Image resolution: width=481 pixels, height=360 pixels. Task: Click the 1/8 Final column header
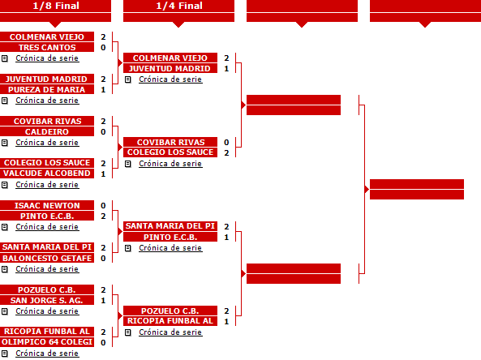[55, 6]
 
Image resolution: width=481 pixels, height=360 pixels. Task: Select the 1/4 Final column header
[178, 6]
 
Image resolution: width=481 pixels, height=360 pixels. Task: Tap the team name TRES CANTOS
[47, 48]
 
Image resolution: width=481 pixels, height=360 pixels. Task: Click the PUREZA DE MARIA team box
[47, 89]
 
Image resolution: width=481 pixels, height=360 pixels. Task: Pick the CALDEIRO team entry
[47, 131]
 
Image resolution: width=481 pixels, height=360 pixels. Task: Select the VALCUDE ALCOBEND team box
[47, 174]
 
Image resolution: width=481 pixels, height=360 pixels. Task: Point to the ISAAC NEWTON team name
[47, 205]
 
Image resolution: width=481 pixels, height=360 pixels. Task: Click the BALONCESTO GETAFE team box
[47, 258]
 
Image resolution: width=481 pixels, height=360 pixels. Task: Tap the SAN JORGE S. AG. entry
[47, 300]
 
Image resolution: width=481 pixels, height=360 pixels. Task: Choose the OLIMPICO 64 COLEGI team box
[47, 342]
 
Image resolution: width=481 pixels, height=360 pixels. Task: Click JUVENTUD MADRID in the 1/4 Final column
[170, 68]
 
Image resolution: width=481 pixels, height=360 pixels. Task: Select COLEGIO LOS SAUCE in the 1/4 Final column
[170, 152]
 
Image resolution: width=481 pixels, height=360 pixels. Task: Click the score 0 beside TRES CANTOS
[103, 48]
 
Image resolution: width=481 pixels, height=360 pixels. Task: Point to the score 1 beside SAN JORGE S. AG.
[103, 301]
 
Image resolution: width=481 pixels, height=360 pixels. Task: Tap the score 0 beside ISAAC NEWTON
[103, 205]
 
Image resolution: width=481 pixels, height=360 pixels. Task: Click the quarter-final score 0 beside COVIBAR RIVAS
[226, 142]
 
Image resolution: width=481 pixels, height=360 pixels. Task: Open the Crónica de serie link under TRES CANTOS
[47, 58]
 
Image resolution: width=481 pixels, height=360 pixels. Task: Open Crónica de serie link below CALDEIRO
[47, 143]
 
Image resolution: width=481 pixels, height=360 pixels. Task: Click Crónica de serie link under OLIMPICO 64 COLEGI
[47, 354]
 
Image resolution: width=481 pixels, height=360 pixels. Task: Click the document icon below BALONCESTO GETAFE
[5, 269]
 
